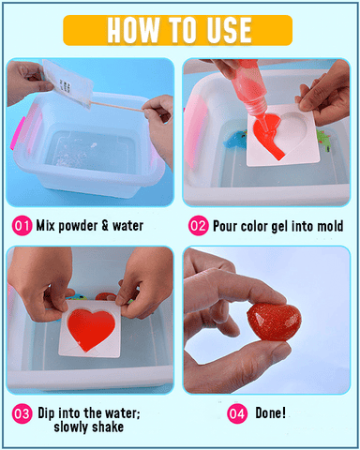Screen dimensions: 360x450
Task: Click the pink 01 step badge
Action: pyautogui.click(x=22, y=225)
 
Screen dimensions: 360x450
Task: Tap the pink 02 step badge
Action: pyautogui.click(x=198, y=225)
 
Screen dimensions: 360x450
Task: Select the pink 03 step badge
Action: pyautogui.click(x=22, y=413)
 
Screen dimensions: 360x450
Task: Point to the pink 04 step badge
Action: pyautogui.click(x=237, y=413)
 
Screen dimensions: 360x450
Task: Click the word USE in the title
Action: pyautogui.click(x=229, y=30)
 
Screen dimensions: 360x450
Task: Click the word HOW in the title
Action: pyautogui.click(x=133, y=30)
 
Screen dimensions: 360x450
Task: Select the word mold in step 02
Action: pyautogui.click(x=330, y=226)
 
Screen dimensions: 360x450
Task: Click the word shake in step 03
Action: pyautogui.click(x=107, y=427)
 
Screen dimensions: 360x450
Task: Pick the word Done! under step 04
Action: pyautogui.click(x=271, y=412)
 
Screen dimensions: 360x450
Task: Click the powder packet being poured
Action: pyautogui.click(x=67, y=83)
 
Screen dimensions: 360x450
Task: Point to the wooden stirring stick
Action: pyautogui.click(x=119, y=106)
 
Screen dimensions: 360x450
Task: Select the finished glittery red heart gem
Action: pyautogui.click(x=275, y=322)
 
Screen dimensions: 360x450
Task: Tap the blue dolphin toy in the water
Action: pyautogui.click(x=234, y=140)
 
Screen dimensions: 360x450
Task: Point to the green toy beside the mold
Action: pyautogui.click(x=323, y=140)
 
